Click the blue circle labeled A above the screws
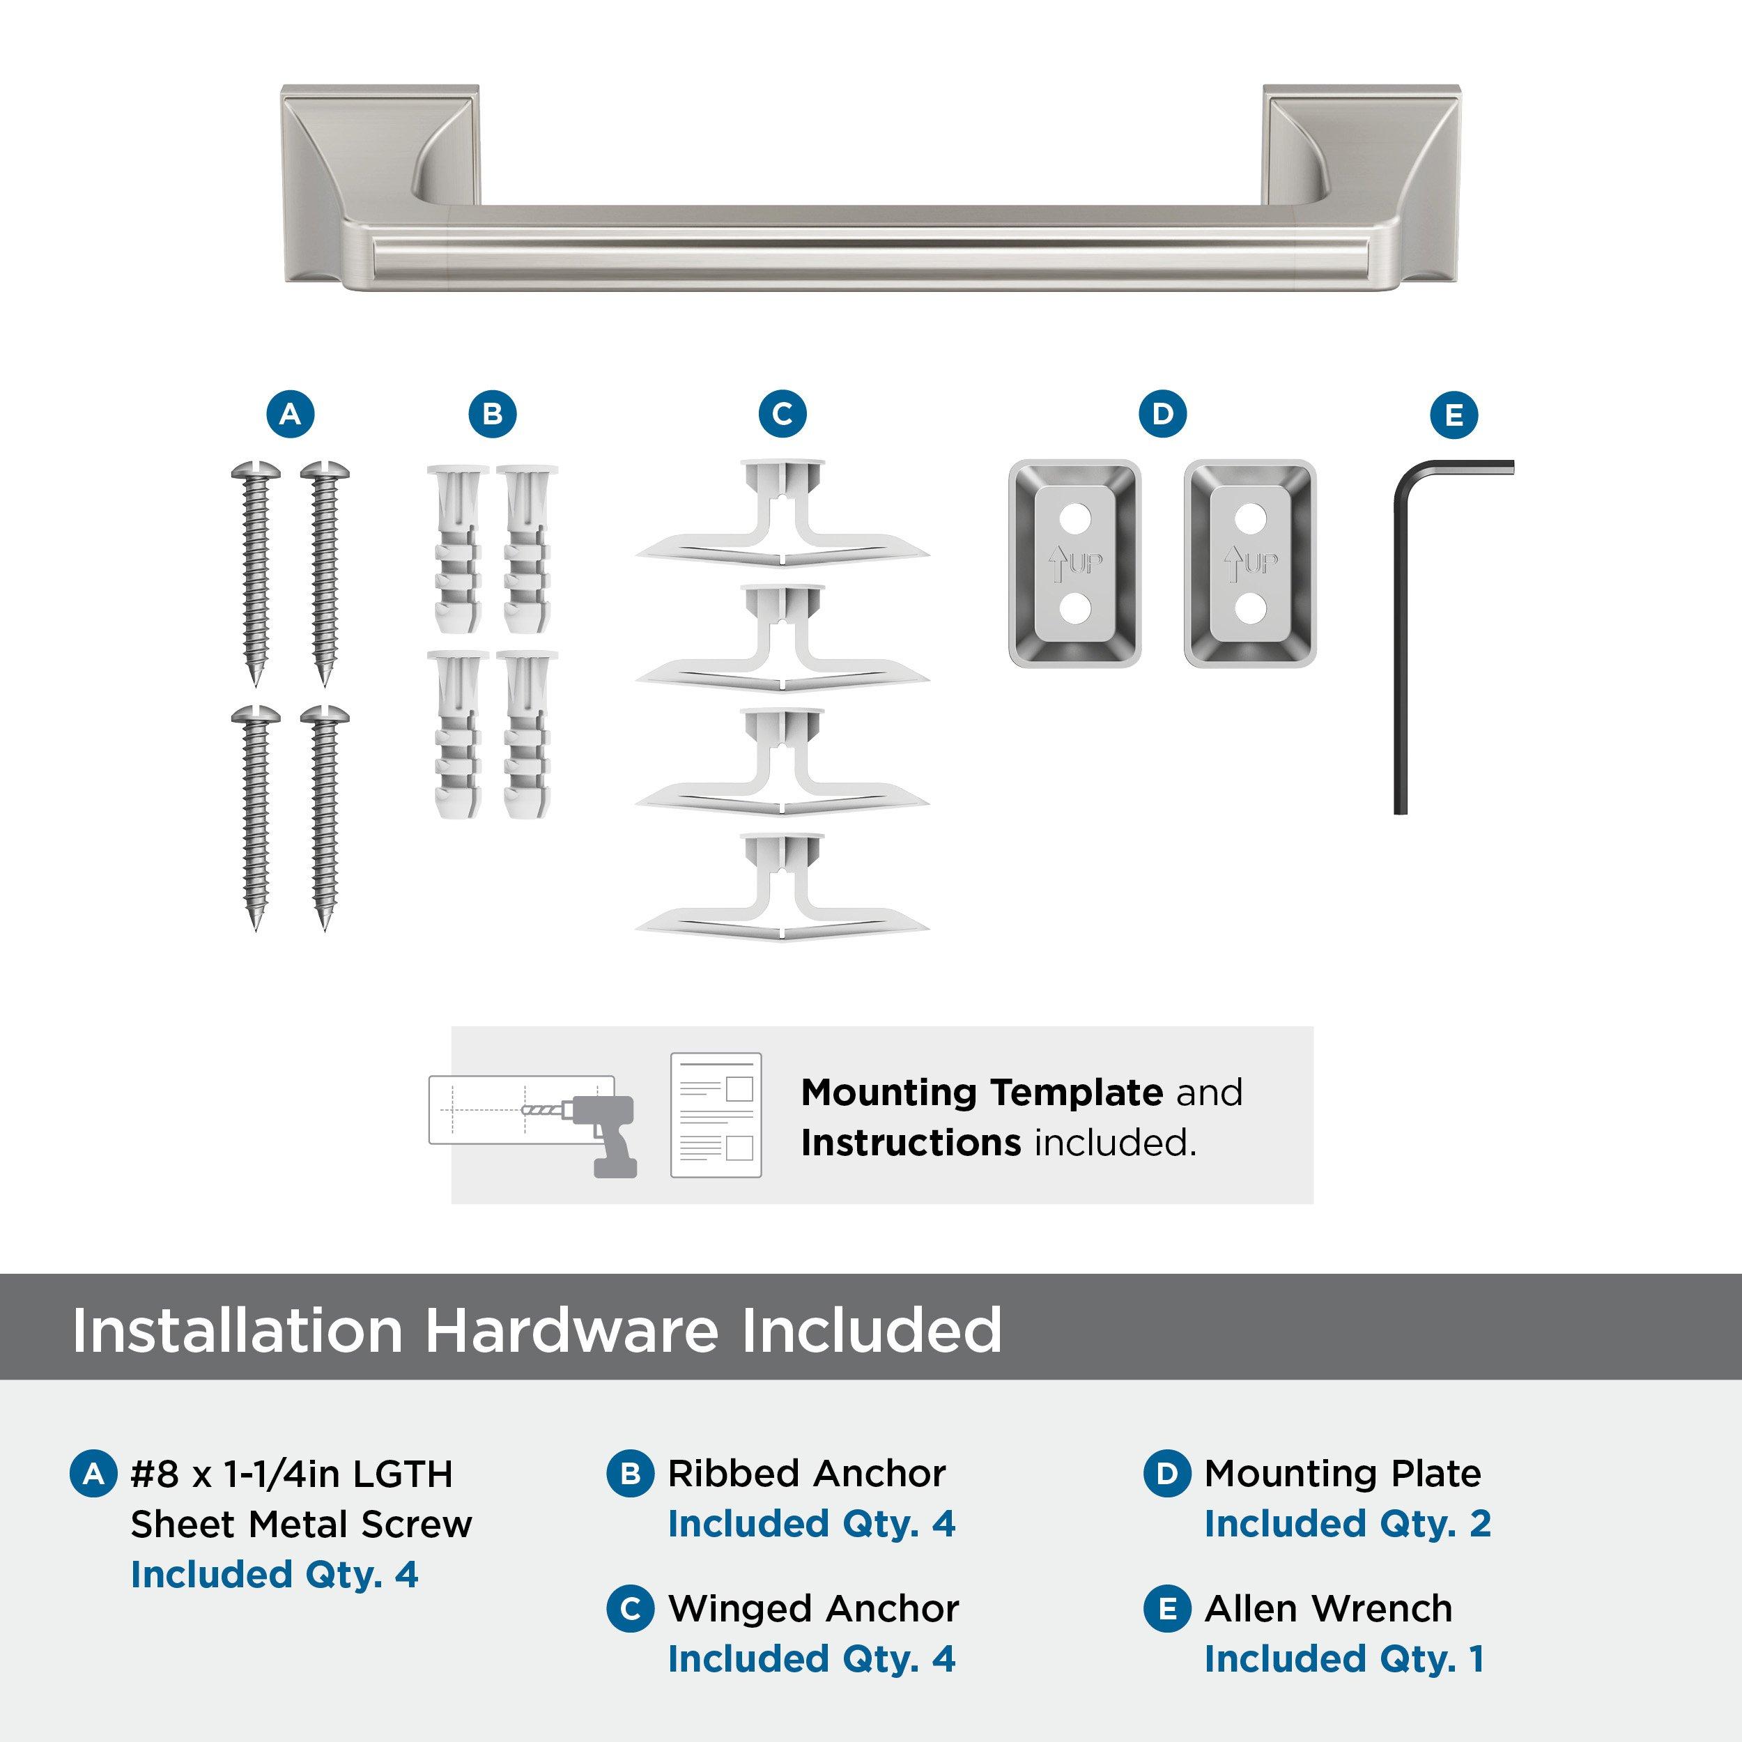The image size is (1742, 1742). pyautogui.click(x=289, y=414)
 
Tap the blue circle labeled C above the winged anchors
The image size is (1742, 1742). pyautogui.click(x=782, y=414)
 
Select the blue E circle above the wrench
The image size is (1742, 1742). pyautogui.click(x=1454, y=416)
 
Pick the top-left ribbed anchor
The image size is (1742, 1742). pyautogui.click(x=457, y=549)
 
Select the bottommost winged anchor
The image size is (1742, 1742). pyautogui.click(x=782, y=893)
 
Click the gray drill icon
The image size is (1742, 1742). pyautogui.click(x=604, y=1135)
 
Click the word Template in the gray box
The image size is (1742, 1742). pyautogui.click(x=1077, y=1093)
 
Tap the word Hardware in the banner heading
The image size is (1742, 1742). pyautogui.click(x=571, y=1330)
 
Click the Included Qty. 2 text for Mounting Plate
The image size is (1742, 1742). pyautogui.click(x=1347, y=1524)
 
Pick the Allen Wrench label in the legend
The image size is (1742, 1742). pyautogui.click(x=1327, y=1608)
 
